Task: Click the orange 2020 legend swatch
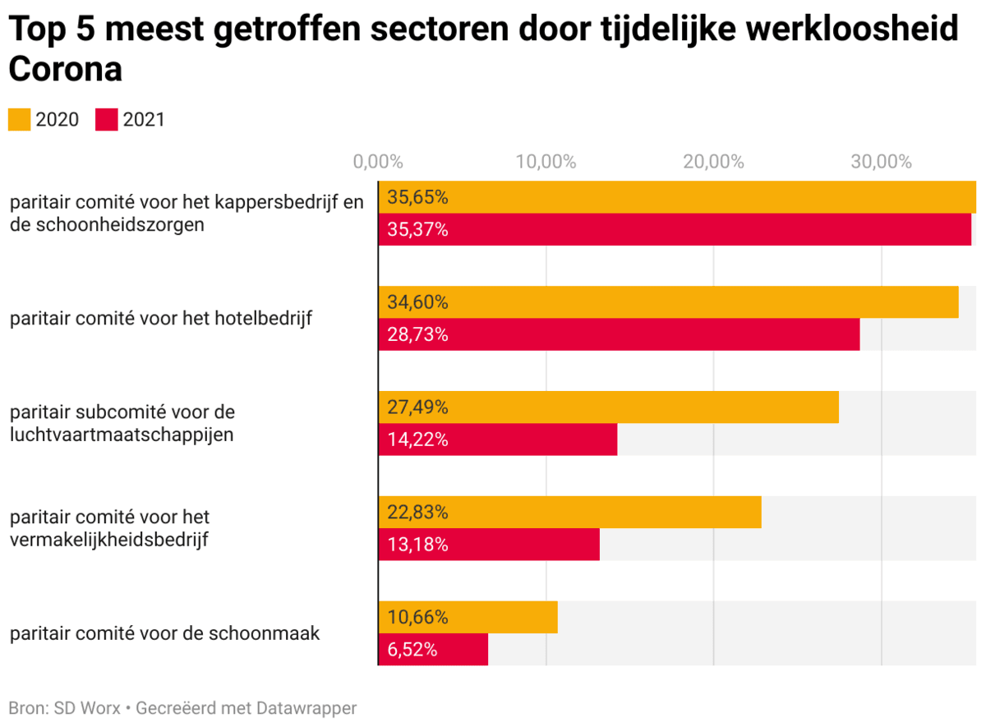(x=19, y=120)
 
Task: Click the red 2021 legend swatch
(x=107, y=120)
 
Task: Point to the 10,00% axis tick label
(x=546, y=162)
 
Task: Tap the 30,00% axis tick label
(x=882, y=162)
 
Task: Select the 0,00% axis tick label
(x=378, y=162)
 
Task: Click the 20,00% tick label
(x=714, y=162)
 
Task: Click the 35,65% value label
(x=418, y=198)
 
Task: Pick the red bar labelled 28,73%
(x=619, y=334)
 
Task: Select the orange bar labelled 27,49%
(x=608, y=407)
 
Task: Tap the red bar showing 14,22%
(x=497, y=439)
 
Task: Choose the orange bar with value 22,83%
(x=569, y=513)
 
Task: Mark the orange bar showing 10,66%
(x=468, y=617)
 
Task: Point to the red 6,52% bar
(x=433, y=650)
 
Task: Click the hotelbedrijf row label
(x=161, y=318)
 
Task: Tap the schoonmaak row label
(x=164, y=633)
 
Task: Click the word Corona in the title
(x=66, y=70)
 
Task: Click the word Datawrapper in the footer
(x=306, y=708)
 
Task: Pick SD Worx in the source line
(x=86, y=708)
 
